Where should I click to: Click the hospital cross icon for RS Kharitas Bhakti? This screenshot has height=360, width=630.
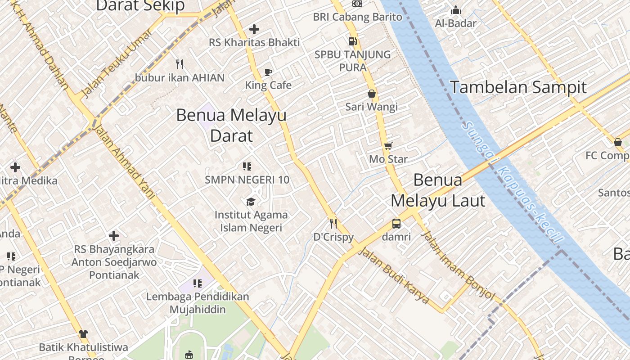[x=254, y=29]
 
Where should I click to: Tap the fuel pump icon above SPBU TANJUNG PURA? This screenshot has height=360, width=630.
[x=353, y=41]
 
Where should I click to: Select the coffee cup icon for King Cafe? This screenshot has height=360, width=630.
[x=268, y=72]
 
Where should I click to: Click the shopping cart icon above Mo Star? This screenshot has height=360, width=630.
[x=388, y=146]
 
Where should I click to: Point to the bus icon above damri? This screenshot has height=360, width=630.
[x=396, y=223]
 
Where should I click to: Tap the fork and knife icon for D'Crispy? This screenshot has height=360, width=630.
[x=333, y=223]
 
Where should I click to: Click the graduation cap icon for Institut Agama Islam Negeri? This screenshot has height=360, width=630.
[x=251, y=202]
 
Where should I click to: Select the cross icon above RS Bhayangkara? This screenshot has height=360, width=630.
[x=114, y=235]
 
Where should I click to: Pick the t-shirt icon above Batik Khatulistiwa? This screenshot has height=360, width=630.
[x=83, y=334]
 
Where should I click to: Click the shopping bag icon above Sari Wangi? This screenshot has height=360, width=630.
[x=372, y=94]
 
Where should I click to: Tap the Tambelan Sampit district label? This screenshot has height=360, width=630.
[x=518, y=87]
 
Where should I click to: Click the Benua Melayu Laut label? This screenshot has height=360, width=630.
[x=438, y=190]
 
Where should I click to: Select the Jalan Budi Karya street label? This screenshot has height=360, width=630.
[x=393, y=275]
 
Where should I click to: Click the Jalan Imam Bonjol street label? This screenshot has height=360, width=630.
[x=457, y=265]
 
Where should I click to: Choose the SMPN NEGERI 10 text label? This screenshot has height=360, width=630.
[x=247, y=180]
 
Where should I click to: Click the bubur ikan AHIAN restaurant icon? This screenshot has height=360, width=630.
[x=180, y=64]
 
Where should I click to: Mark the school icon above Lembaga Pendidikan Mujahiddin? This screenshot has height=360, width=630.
[x=198, y=283]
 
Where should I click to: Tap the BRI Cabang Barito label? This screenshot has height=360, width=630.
[x=358, y=17]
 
